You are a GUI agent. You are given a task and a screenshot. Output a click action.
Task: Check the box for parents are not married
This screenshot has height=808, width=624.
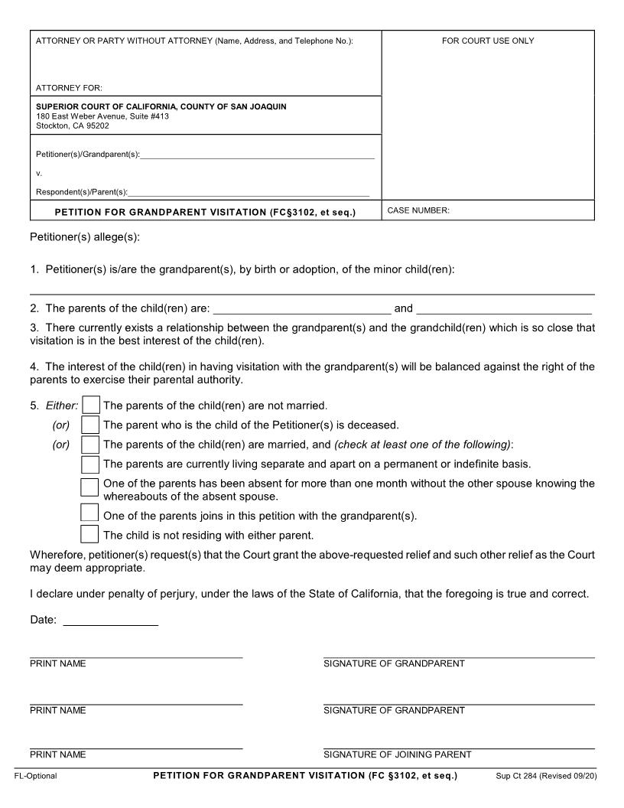tap(90, 405)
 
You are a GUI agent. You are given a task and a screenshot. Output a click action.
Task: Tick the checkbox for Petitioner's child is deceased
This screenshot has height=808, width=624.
tap(90, 425)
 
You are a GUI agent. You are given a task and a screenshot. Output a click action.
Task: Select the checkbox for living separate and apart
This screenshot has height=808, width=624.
tap(90, 464)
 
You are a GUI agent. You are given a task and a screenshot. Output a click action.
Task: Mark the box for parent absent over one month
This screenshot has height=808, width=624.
tap(90, 487)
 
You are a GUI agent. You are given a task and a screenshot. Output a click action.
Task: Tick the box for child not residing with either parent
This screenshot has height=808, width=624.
tap(90, 534)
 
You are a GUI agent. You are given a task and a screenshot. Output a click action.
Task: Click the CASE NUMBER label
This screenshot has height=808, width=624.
tap(418, 210)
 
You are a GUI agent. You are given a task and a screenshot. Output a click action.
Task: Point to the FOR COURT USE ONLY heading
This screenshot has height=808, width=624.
tap(488, 41)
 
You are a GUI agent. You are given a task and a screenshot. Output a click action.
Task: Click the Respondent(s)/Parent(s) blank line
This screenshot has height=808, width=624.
tap(249, 192)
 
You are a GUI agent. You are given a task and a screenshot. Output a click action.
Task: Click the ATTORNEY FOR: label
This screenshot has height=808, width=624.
tap(69, 88)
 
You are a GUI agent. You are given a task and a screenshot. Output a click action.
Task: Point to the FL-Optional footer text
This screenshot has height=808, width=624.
tap(35, 777)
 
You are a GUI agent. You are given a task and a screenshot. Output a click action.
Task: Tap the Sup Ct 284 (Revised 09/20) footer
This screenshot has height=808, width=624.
tap(546, 777)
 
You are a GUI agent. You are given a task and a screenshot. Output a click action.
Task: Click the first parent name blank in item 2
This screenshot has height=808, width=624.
tap(301, 308)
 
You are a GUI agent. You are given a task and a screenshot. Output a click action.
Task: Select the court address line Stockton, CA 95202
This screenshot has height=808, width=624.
tap(73, 126)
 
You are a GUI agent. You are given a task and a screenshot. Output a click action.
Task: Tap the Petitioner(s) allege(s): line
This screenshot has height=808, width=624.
tap(85, 237)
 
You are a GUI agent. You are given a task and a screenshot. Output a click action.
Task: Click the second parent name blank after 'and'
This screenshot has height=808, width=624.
tap(504, 308)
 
